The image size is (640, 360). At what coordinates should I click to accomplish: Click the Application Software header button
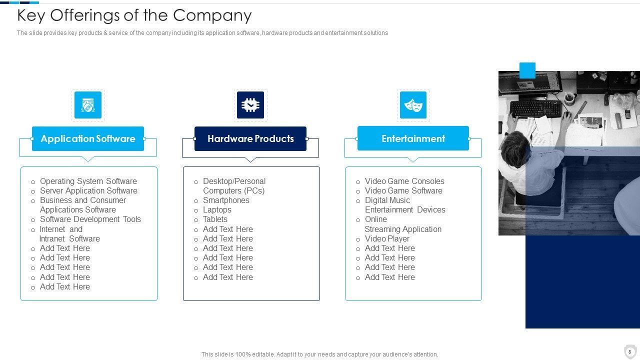pos(88,138)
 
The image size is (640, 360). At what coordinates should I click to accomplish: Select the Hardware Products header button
pos(250,138)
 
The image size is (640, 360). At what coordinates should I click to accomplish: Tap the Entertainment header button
pos(413,138)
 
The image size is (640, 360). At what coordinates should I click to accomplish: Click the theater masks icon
pos(413,105)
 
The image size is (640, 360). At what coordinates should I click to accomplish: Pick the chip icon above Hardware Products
pos(250,105)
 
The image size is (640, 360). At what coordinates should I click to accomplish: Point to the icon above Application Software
pos(88,105)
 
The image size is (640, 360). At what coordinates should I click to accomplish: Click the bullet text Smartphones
pos(226,200)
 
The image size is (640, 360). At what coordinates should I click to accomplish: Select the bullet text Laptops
pos(217,209)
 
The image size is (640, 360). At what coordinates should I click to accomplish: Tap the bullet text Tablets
pos(215,219)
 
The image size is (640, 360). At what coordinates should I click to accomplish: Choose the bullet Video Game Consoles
pos(404,181)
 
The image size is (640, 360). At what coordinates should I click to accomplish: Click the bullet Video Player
pos(387,238)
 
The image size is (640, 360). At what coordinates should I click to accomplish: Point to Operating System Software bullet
pos(88,181)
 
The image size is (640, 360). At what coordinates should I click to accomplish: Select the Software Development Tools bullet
pos(90,219)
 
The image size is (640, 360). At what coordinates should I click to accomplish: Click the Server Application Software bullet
pos(88,190)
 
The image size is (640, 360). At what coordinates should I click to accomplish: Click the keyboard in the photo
pos(536,108)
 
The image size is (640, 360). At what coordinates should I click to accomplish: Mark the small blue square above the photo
pos(527,70)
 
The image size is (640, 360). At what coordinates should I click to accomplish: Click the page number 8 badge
pos(630,351)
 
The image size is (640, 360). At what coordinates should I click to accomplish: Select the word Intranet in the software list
pos(53,238)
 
